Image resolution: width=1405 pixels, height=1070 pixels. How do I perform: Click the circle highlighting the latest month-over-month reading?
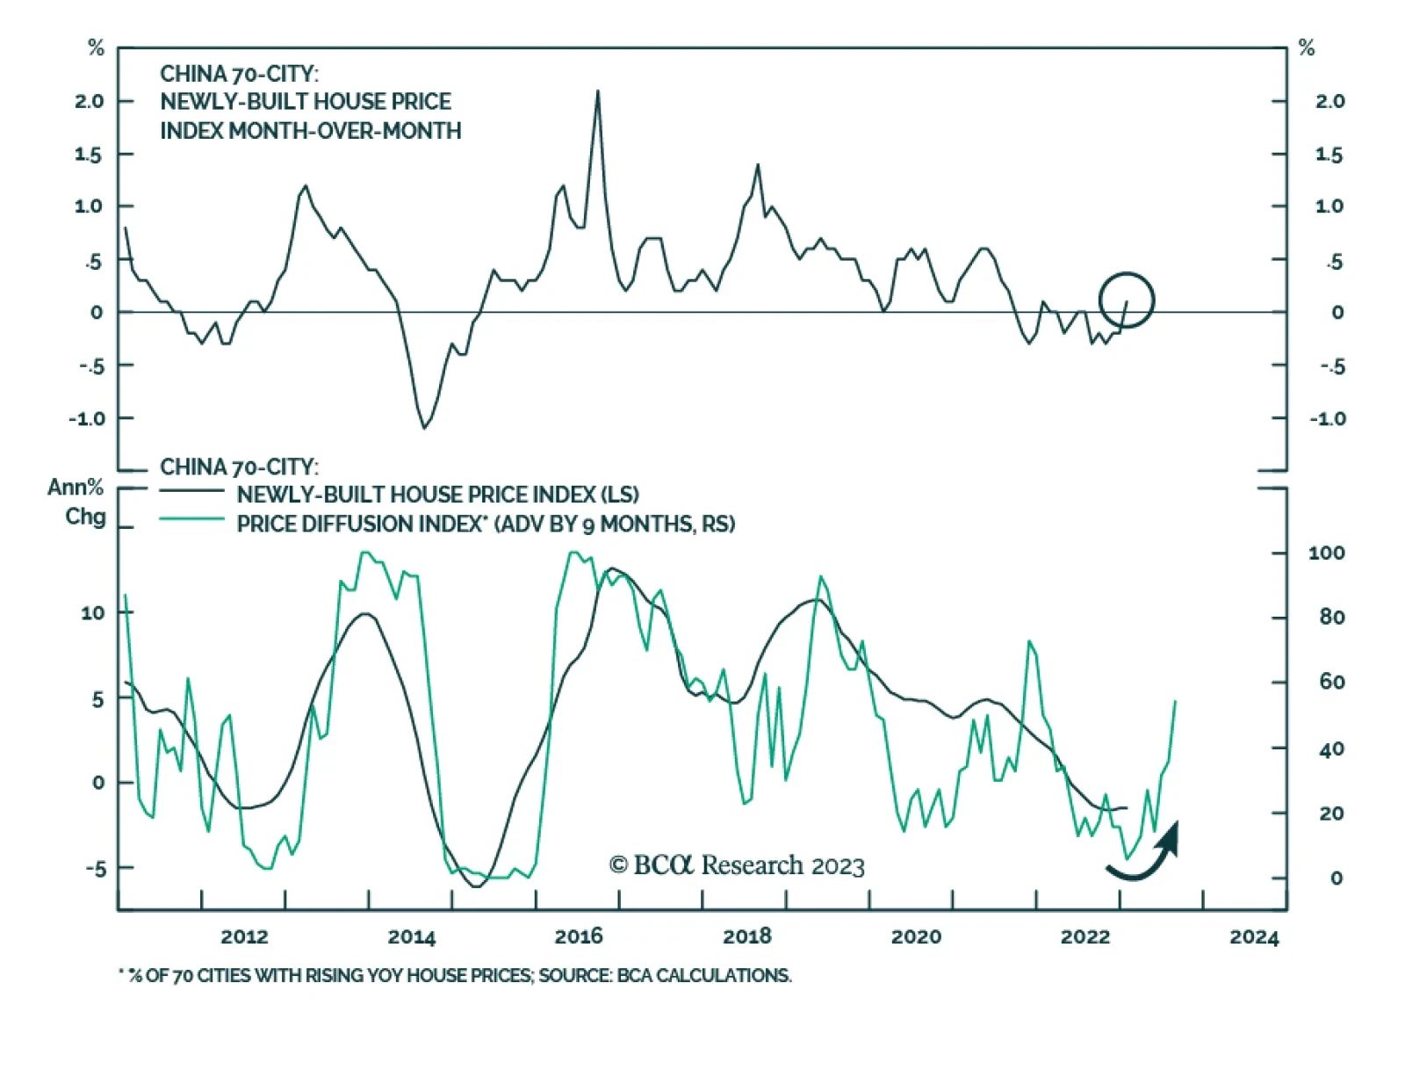pyautogui.click(x=1126, y=300)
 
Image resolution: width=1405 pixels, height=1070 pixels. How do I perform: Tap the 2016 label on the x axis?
pyautogui.click(x=579, y=936)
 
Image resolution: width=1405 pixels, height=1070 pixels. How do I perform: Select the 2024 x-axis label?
pyautogui.click(x=1254, y=936)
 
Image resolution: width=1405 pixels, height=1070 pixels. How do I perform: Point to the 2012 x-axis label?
pyautogui.click(x=244, y=936)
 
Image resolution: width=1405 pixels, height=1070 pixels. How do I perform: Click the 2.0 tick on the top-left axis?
pyautogui.click(x=89, y=101)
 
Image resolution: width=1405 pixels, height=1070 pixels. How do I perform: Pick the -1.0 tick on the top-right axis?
pyautogui.click(x=1327, y=418)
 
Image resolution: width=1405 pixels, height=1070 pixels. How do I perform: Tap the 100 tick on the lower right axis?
pyautogui.click(x=1326, y=553)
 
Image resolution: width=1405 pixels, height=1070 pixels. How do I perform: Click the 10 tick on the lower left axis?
pyautogui.click(x=93, y=612)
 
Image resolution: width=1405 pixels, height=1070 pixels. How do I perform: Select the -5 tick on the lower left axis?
pyautogui.click(x=95, y=868)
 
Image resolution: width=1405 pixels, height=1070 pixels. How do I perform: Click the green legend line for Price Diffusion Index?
pyautogui.click(x=191, y=519)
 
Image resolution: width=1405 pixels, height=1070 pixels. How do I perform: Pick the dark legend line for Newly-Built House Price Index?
pyautogui.click(x=191, y=491)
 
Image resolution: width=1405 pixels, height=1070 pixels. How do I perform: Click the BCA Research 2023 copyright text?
pyautogui.click(x=737, y=865)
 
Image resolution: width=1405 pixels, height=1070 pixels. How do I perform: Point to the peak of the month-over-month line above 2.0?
pyautogui.click(x=598, y=91)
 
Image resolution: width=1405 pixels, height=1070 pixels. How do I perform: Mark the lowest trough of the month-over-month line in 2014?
pyautogui.click(x=425, y=427)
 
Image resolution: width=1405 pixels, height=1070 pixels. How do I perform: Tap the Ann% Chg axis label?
pyautogui.click(x=76, y=502)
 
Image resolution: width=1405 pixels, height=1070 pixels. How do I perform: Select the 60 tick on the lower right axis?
pyautogui.click(x=1331, y=682)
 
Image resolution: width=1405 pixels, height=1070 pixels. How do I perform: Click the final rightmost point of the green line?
pyautogui.click(x=1175, y=701)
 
